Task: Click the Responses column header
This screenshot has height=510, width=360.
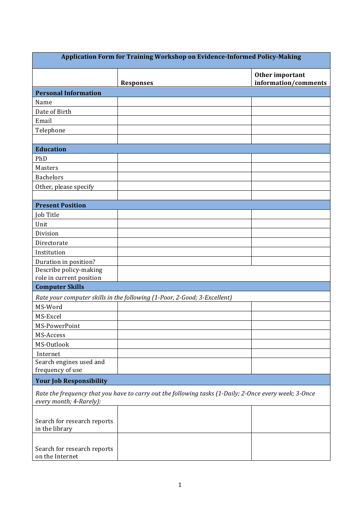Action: pyautogui.click(x=137, y=83)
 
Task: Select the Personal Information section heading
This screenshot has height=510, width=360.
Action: pyautogui.click(x=68, y=93)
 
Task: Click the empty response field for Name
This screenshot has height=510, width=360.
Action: pyautogui.click(x=184, y=102)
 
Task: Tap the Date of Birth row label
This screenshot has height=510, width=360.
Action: pyautogui.click(x=53, y=111)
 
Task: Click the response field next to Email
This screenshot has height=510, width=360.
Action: pyautogui.click(x=184, y=121)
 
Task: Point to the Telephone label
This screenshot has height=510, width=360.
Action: pyautogui.click(x=50, y=130)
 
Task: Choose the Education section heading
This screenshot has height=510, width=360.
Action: pyautogui.click(x=51, y=149)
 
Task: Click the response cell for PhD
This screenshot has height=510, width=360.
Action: pyautogui.click(x=184, y=158)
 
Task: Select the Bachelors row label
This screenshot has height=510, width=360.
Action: pyautogui.click(x=49, y=177)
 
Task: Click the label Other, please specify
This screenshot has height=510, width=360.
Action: pyautogui.click(x=64, y=187)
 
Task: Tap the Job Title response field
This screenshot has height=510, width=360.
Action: pyautogui.click(x=184, y=215)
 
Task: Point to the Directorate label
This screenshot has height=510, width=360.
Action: pyautogui.click(x=52, y=243)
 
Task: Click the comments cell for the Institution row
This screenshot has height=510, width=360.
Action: pyautogui.click(x=290, y=252)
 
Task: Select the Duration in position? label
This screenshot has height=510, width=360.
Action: pyautogui.click(x=65, y=262)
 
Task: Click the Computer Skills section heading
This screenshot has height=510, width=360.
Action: pyautogui.click(x=60, y=287)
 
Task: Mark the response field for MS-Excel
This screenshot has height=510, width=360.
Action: pyautogui.click(x=184, y=316)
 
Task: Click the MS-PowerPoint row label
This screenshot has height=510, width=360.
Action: pyautogui.click(x=58, y=326)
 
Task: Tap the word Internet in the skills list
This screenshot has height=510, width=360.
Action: pyautogui.click(x=49, y=354)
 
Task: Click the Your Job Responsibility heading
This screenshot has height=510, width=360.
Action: pyautogui.click(x=71, y=381)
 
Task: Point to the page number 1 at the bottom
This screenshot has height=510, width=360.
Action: pyautogui.click(x=180, y=485)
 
